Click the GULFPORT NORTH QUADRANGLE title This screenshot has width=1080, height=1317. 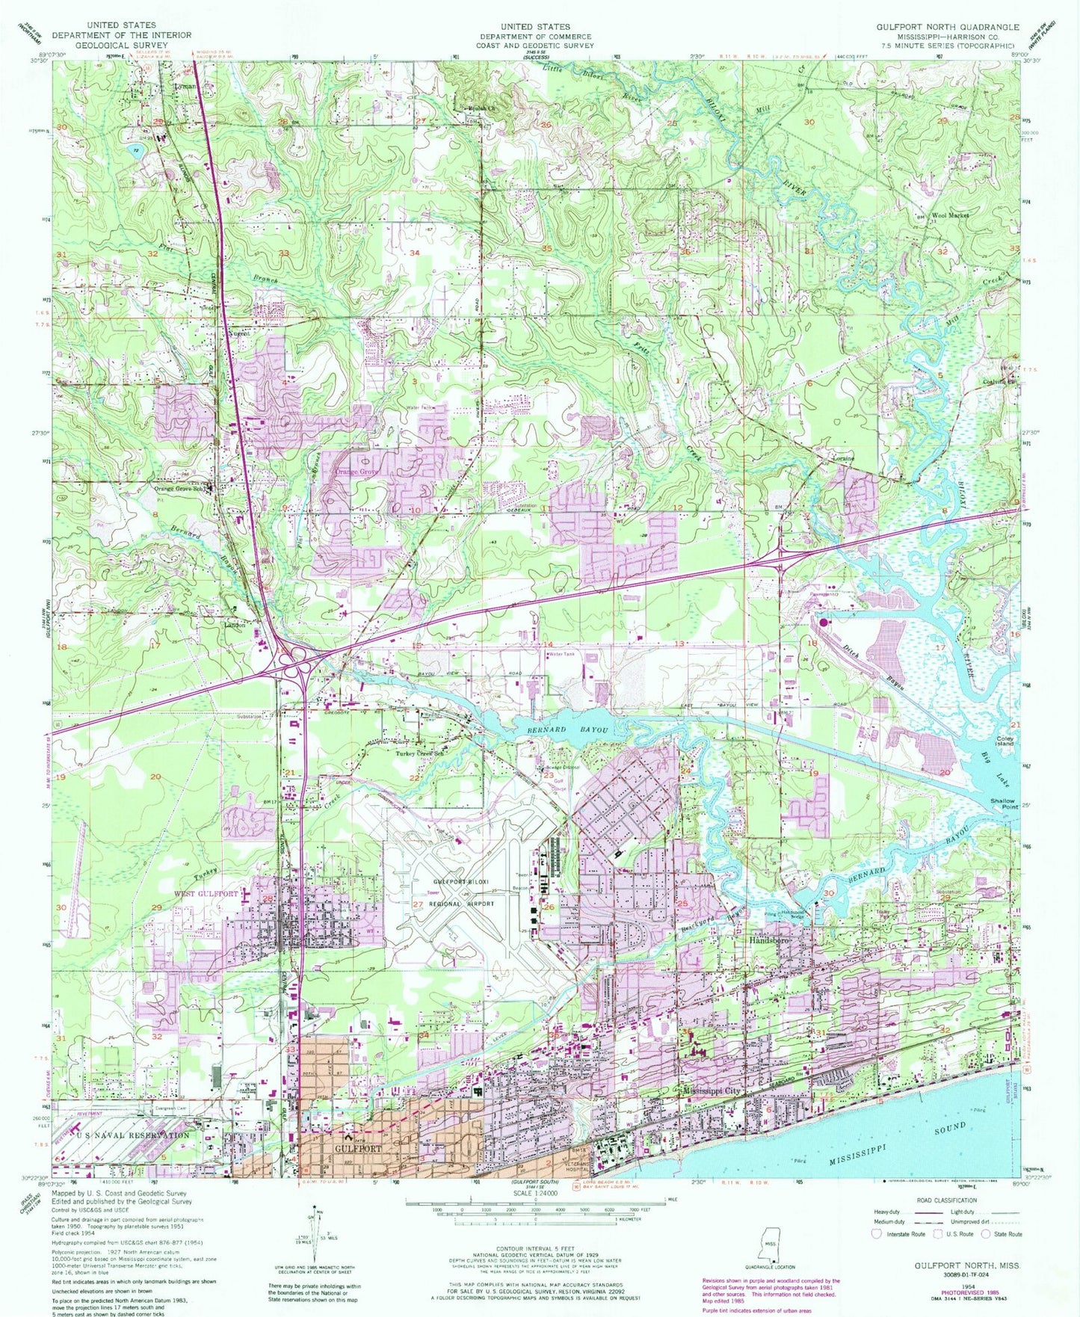point(947,26)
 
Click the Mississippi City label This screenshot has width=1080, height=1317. point(712,1091)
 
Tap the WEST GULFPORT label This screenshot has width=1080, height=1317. point(206,894)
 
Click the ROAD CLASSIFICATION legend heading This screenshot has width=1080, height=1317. point(945,1200)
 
